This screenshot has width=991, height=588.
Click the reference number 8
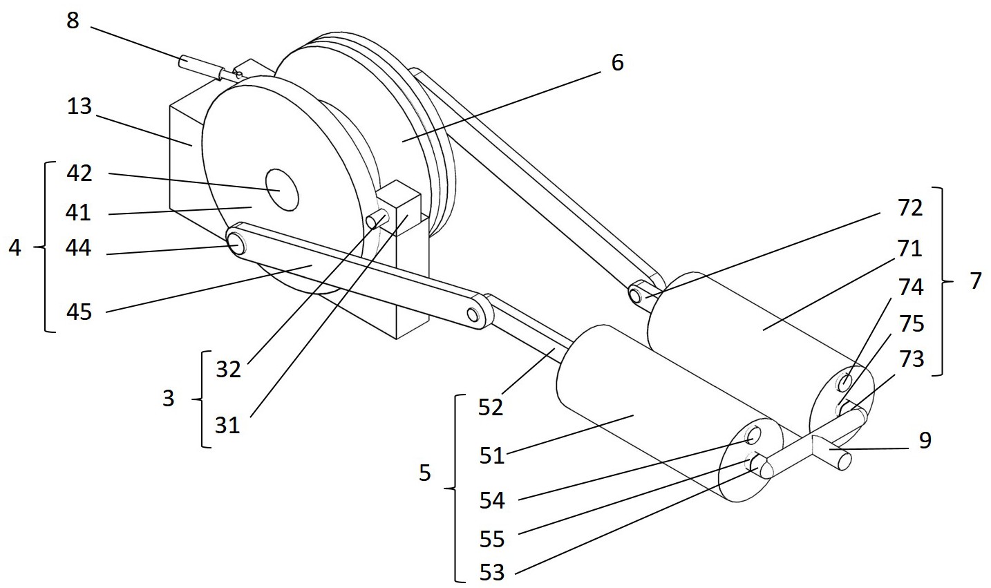tap(73, 21)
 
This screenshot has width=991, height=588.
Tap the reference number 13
tap(79, 106)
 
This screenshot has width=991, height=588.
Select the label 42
tap(79, 173)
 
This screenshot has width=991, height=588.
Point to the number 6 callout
tap(618, 63)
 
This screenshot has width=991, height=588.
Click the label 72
tap(910, 208)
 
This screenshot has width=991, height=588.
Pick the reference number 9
tap(925, 440)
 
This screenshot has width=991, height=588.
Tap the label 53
tap(492, 573)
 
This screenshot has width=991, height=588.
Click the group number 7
tap(976, 281)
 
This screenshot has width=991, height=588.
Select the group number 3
tap(168, 399)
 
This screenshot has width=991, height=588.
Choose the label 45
tap(79, 312)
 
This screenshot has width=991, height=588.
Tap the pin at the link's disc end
tap(236, 244)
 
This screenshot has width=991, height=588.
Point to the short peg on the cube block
tap(377, 219)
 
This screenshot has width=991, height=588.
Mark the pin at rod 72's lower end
tap(635, 296)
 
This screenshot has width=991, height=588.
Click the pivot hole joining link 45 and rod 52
tap(473, 315)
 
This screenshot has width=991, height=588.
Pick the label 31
tap(227, 426)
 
